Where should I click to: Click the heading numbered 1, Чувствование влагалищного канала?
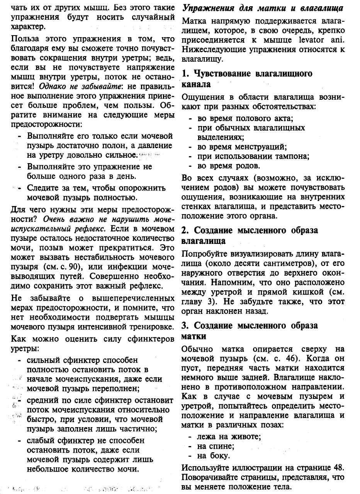point(247,79)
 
